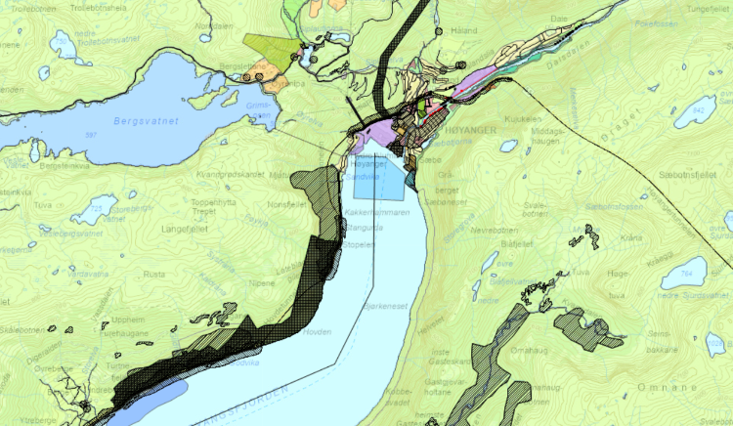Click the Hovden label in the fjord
320,331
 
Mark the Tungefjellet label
706,7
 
